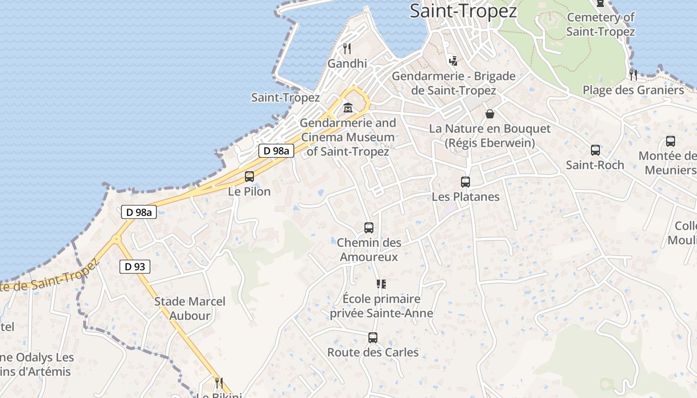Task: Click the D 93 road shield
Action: (135, 267)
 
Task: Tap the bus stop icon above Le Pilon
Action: (249, 177)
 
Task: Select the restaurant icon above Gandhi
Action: (348, 49)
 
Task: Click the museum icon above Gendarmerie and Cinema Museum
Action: (348, 108)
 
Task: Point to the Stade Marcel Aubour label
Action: (190, 308)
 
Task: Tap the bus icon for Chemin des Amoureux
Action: (369, 228)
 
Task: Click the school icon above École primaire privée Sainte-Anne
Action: (381, 284)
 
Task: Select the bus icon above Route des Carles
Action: (373, 338)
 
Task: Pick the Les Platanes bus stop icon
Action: (465, 182)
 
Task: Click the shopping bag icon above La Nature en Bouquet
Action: (490, 114)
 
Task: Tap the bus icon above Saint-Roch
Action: (595, 150)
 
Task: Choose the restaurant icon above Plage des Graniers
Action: (633, 75)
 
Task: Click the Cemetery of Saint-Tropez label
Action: (600, 24)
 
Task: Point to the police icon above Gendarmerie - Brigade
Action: (453, 61)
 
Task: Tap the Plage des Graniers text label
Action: (633, 90)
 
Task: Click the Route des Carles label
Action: (373, 352)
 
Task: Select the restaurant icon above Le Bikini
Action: (218, 383)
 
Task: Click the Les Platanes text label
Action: (465, 197)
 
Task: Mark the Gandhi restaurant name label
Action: (348, 63)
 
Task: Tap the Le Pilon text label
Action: (249, 191)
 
